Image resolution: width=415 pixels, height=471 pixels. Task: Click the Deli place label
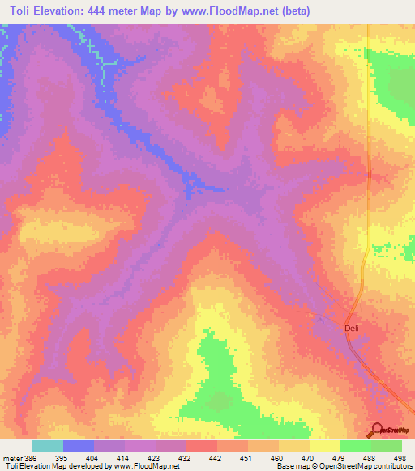(x=351, y=327)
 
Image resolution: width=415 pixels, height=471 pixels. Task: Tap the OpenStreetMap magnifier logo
(x=377, y=429)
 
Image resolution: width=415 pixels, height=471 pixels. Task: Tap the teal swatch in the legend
(x=47, y=446)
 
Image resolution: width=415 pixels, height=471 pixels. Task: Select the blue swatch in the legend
(x=78, y=446)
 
